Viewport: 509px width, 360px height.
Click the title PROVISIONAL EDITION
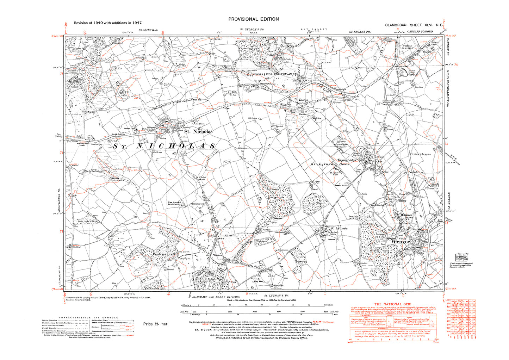click(x=253, y=19)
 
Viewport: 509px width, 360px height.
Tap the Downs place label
click(x=303, y=100)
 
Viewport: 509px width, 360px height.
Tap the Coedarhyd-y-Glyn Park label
click(x=272, y=75)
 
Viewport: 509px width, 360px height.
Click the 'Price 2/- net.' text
click(x=156, y=324)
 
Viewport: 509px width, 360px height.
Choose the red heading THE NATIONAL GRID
click(x=392, y=304)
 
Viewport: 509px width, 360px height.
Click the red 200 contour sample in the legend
click(x=128, y=327)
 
